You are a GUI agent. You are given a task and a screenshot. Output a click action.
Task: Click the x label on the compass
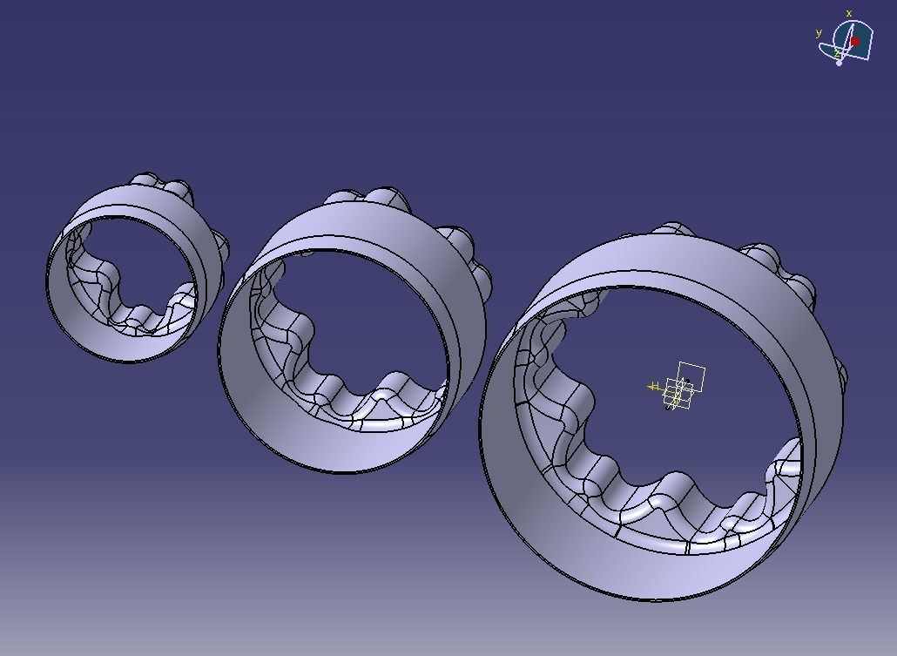pos(849,14)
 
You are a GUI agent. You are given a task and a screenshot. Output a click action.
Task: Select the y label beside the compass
pos(819,33)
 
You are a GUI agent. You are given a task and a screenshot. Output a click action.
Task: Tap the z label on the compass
pos(837,53)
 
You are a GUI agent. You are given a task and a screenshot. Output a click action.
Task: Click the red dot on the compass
pos(855,41)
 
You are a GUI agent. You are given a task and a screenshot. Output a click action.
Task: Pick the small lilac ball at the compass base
pos(840,63)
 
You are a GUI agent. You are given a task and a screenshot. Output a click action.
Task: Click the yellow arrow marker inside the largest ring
pos(654,387)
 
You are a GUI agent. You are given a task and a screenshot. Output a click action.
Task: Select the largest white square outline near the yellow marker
pos(691,376)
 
